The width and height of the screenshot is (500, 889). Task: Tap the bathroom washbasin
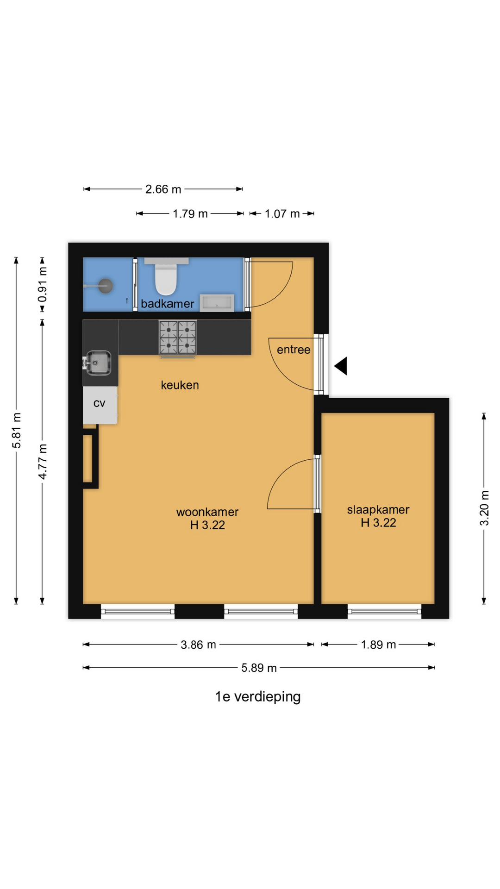click(x=217, y=303)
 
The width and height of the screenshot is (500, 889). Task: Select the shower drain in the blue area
click(x=106, y=286)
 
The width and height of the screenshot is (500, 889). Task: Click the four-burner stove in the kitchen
click(x=178, y=338)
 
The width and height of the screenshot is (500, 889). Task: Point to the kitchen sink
click(x=99, y=363)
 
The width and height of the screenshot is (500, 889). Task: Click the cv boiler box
click(x=100, y=404)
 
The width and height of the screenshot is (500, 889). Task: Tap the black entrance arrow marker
click(x=341, y=366)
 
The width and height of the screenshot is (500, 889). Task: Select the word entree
click(x=294, y=350)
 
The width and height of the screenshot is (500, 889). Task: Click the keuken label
click(x=180, y=385)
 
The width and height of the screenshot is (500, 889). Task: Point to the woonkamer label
click(x=207, y=512)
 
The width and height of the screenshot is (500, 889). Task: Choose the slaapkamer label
click(x=378, y=510)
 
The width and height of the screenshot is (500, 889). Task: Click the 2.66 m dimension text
click(x=163, y=189)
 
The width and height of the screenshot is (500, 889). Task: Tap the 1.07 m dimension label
click(x=282, y=214)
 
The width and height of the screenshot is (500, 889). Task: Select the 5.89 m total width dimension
click(x=259, y=668)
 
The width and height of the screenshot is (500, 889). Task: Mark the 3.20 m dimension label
click(x=484, y=508)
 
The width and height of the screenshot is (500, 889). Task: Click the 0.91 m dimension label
click(x=43, y=285)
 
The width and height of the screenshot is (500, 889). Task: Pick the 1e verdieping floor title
click(x=258, y=697)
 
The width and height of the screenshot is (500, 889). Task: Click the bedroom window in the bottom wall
click(x=384, y=611)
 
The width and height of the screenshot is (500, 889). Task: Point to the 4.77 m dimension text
click(x=43, y=462)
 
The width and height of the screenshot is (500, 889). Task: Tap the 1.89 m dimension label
click(x=378, y=645)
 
